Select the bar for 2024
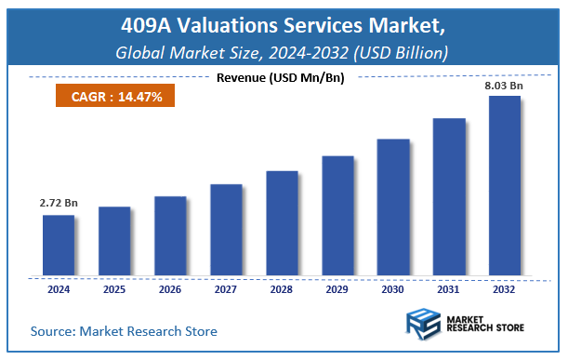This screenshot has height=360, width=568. tap(58, 246)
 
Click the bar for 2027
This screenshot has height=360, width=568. tap(225, 230)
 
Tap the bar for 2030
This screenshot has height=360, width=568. tap(392, 207)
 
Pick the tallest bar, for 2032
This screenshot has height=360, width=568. tap(504, 186)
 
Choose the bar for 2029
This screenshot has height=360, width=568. tap(337, 216)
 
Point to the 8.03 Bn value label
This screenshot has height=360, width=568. tap(504, 86)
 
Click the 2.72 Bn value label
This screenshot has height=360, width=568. tap(57, 202)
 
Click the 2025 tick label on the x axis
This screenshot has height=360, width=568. tap(113, 288)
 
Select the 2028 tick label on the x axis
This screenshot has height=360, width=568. tap(281, 288)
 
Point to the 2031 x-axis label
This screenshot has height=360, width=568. tap(448, 288)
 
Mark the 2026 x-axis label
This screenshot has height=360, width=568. tap(169, 288)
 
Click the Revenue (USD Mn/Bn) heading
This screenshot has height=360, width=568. tap(280, 77)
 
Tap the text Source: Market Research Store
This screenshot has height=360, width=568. tap(124, 330)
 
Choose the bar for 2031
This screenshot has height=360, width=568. tap(448, 197)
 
